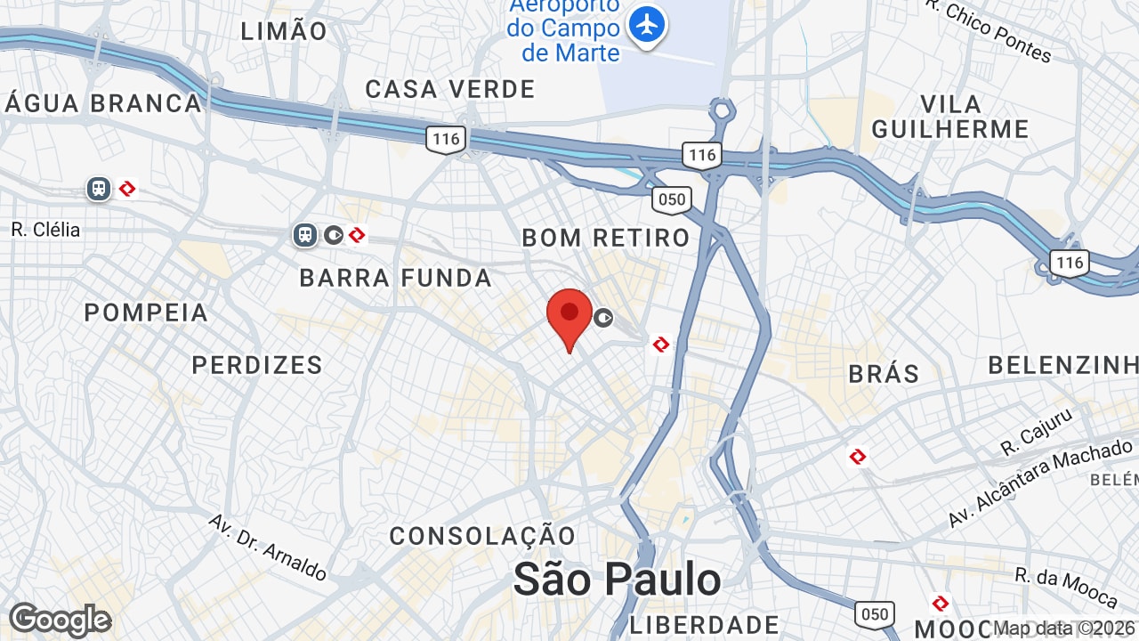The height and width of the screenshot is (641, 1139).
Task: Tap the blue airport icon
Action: [x=647, y=24]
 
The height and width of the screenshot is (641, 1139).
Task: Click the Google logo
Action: [x=60, y=620]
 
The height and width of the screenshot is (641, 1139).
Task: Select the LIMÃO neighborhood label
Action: [x=285, y=31]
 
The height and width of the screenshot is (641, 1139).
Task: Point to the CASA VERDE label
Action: [x=450, y=89]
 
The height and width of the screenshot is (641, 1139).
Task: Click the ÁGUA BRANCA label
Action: [x=103, y=103]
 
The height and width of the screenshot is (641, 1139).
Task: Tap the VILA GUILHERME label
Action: [x=950, y=117]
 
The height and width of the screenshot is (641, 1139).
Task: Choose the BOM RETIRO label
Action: [x=606, y=238]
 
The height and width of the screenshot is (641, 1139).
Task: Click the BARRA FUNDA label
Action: [x=395, y=278]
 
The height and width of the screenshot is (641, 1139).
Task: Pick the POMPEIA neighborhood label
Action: [x=146, y=312]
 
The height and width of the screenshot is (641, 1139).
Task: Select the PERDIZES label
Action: [x=257, y=365]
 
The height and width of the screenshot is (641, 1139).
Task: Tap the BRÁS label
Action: [x=884, y=373]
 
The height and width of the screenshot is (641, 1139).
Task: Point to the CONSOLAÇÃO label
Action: [x=483, y=536]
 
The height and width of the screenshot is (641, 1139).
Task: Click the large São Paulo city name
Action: [x=618, y=580]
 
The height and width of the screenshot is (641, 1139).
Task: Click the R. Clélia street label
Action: [x=45, y=230]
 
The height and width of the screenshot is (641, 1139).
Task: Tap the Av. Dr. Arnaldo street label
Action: [x=268, y=547]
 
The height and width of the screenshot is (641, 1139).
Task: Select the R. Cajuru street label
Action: [x=1037, y=431]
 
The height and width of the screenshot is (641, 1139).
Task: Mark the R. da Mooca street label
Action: [x=1066, y=588]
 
